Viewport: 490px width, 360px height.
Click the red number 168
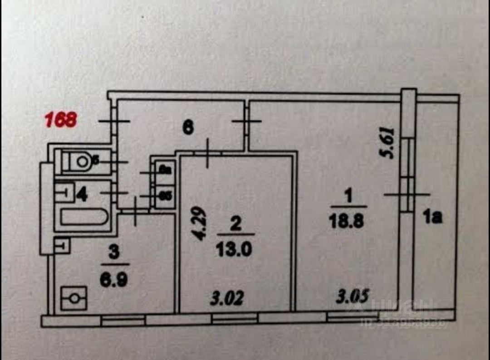60,120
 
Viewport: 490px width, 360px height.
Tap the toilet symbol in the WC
79,161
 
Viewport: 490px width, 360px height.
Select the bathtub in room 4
84,217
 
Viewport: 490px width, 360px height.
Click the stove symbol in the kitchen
73,298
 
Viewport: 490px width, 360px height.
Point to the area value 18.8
348,223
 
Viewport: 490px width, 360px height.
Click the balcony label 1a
433,218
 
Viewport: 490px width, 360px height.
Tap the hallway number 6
188,127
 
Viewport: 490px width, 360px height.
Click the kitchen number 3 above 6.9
114,253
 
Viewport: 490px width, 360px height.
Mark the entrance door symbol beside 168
114,121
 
